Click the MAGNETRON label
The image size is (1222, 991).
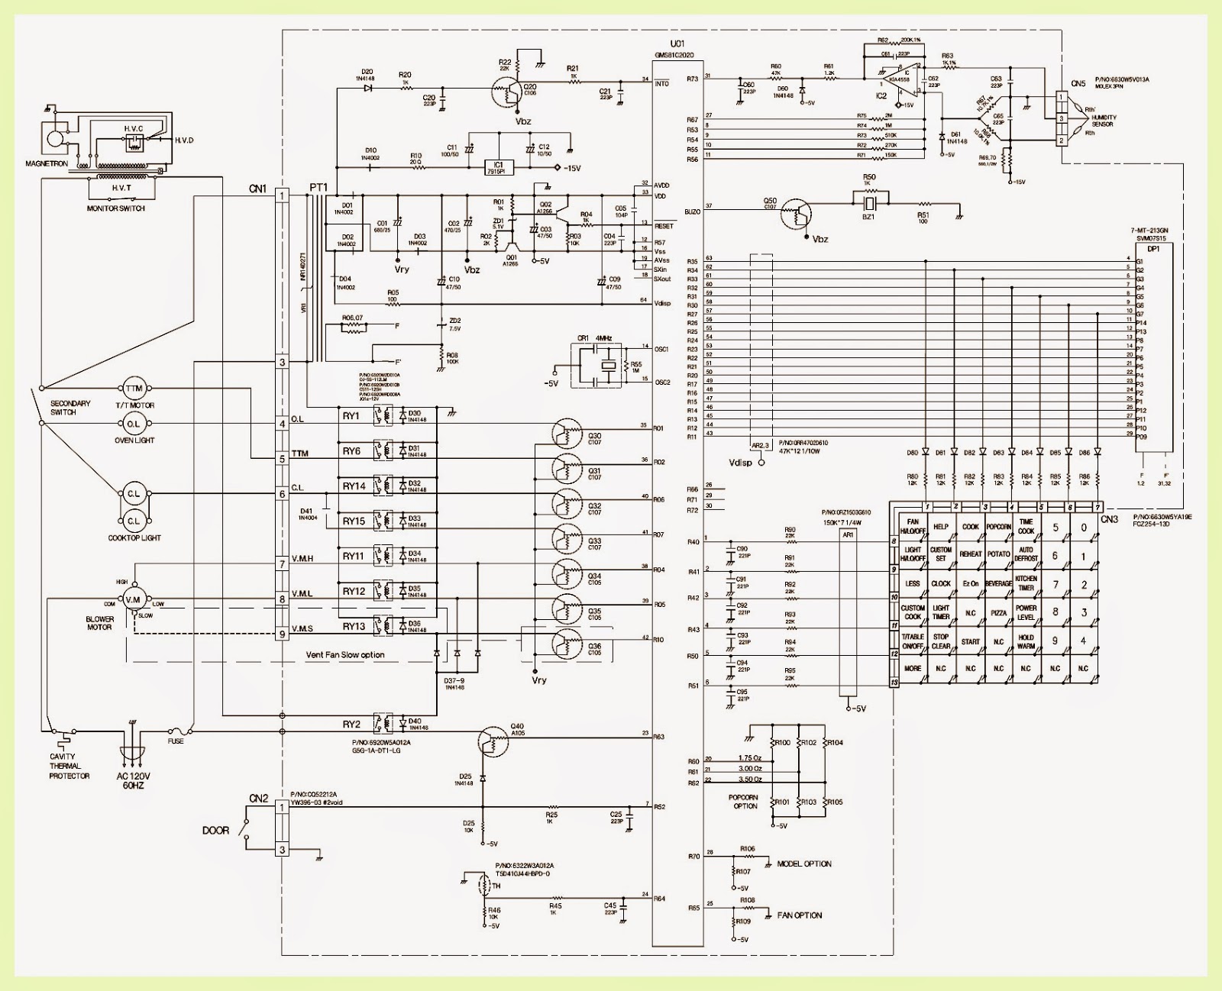tap(47, 163)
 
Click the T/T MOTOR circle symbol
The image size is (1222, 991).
tap(134, 389)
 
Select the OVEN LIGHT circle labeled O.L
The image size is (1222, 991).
tap(134, 424)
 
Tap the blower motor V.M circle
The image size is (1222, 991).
tap(134, 599)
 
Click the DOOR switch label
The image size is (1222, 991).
tap(215, 830)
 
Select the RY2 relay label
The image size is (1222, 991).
tap(351, 725)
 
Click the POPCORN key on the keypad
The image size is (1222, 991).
tap(998, 527)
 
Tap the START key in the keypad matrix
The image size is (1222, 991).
tap(970, 642)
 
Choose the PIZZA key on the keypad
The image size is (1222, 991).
tap(998, 613)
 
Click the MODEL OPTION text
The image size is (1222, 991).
tap(803, 863)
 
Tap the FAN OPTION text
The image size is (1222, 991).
tap(799, 915)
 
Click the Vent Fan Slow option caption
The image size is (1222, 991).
tap(345, 654)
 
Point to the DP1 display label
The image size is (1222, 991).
tap(1154, 249)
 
